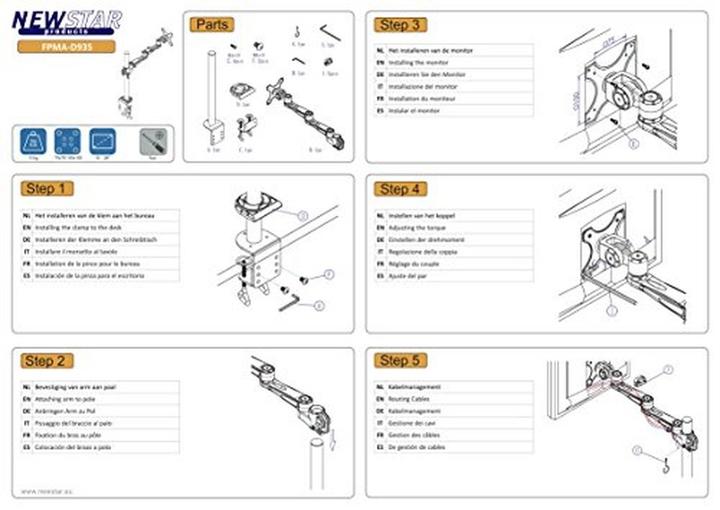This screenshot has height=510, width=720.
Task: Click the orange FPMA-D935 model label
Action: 65,46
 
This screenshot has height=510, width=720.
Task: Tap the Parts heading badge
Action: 211,24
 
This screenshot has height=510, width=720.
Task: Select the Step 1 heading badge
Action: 48,188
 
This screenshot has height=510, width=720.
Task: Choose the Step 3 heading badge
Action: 399,24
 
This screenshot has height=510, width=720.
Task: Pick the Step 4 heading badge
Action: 399,188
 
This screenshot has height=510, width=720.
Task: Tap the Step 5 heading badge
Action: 399,360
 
